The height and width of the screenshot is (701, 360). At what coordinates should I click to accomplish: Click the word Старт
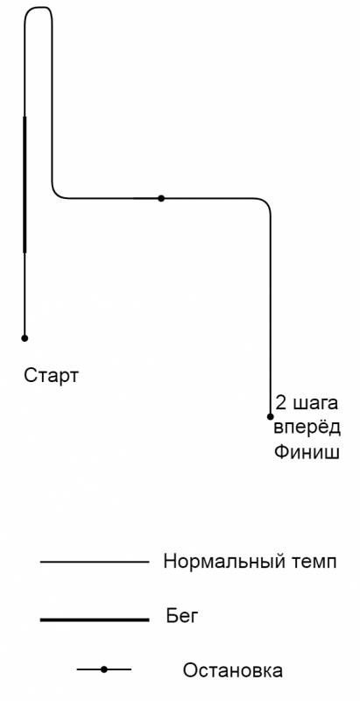(51, 376)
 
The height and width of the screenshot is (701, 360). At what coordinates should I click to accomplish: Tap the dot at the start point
(25, 338)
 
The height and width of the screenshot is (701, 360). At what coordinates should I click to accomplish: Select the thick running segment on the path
(25, 185)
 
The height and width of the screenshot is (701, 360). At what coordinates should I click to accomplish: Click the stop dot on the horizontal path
(161, 198)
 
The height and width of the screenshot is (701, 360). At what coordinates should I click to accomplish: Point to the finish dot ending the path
(271, 417)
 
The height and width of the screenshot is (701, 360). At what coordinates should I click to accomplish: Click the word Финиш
(307, 452)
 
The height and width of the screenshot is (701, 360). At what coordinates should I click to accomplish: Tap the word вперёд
(307, 428)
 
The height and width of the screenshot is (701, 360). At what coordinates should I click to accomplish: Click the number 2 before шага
(281, 403)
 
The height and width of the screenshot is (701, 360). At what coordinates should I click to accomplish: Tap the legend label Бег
(181, 618)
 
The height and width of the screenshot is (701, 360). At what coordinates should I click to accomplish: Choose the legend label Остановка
(232, 670)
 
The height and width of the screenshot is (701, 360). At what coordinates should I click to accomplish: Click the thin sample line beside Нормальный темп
(95, 562)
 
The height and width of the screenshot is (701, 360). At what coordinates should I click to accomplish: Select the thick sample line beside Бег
(95, 620)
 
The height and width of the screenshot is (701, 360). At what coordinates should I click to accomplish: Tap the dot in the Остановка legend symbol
(104, 669)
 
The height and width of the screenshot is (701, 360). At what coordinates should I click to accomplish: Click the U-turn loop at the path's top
(38, 7)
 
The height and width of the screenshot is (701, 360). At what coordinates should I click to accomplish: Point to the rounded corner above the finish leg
(266, 202)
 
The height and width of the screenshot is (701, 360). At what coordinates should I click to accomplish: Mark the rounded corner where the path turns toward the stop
(56, 194)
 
